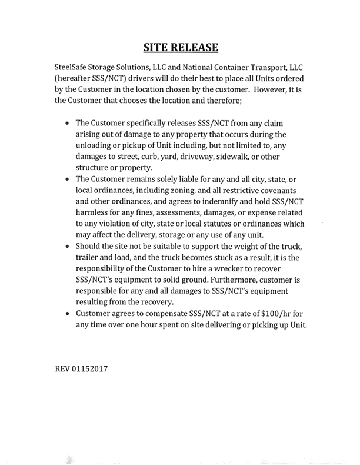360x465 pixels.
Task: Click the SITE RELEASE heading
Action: (181, 46)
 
